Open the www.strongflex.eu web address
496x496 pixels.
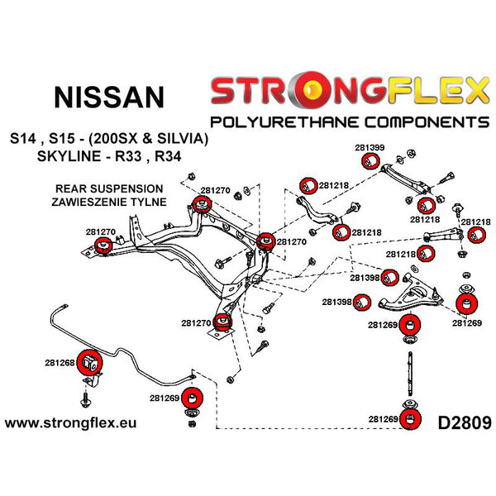[71, 423]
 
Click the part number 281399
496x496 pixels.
[370, 148]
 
